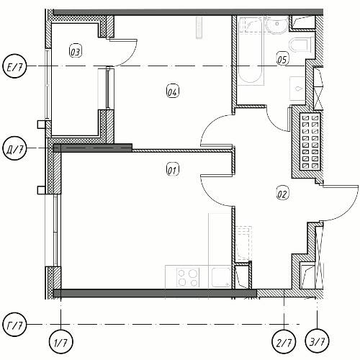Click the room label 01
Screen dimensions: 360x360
tap(173, 170)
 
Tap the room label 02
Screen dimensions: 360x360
tap(282, 194)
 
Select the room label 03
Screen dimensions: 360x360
tap(76, 51)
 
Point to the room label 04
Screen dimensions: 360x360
tap(173, 91)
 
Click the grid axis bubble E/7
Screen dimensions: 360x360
tap(14, 66)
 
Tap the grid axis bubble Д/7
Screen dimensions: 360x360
tap(14, 148)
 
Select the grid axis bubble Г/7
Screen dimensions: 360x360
tap(14, 325)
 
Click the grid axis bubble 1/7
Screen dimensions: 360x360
tap(60, 341)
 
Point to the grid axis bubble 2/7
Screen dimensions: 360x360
tap(284, 341)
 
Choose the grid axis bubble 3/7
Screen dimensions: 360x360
tap(317, 341)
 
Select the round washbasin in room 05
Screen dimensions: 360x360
tap(276, 24)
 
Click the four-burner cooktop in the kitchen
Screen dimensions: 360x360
tap(188, 277)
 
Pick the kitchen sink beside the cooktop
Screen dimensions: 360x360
tap(221, 277)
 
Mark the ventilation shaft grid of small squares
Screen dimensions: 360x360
tap(310, 141)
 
